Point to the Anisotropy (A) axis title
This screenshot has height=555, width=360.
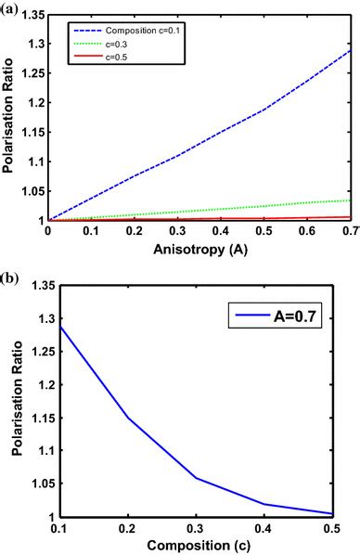(199, 250)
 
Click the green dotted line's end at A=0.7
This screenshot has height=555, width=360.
(351, 200)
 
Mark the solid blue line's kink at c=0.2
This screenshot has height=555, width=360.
(124, 418)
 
